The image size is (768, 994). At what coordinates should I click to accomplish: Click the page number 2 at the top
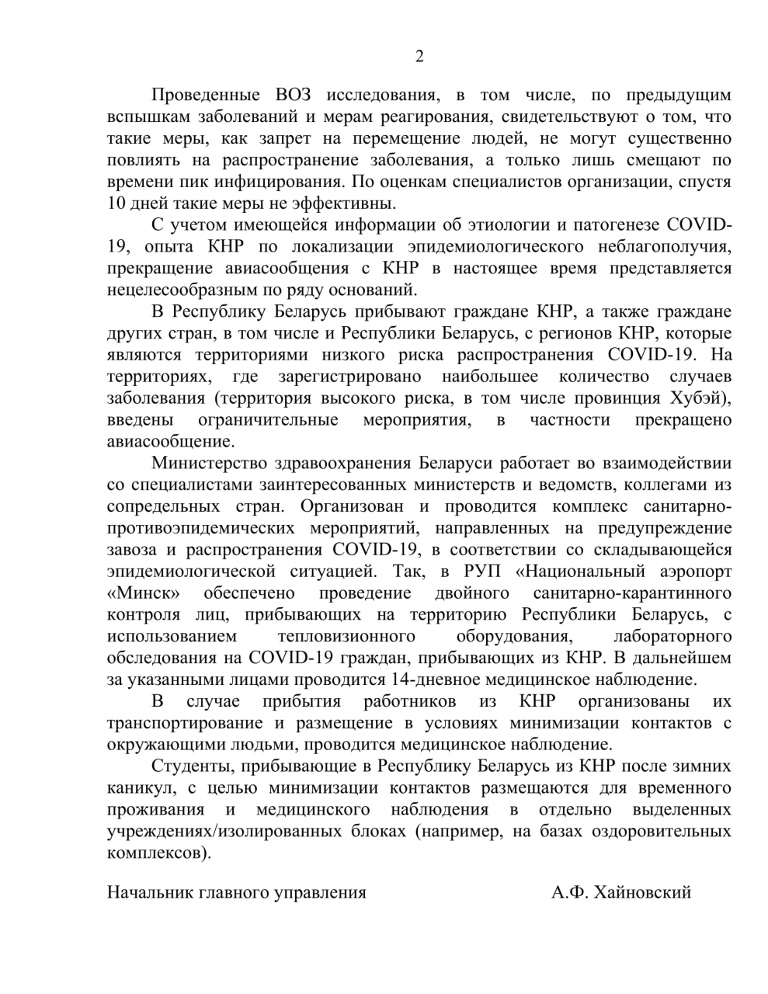click(x=419, y=56)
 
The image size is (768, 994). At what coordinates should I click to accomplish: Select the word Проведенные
click(x=206, y=96)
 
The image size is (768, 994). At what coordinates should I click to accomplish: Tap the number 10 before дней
click(x=116, y=204)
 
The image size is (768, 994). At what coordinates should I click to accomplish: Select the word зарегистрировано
click(x=349, y=377)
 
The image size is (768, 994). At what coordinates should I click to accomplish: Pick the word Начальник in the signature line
click(x=144, y=892)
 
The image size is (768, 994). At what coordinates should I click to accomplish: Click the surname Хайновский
click(x=641, y=892)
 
